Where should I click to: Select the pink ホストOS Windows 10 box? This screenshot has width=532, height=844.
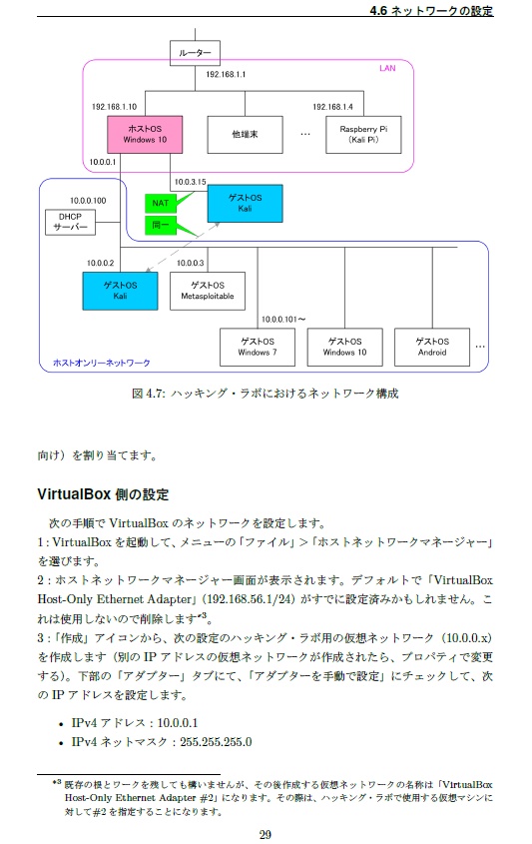click(145, 134)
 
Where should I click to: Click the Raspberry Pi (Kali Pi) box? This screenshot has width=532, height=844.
click(362, 134)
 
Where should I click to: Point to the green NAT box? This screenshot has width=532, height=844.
click(160, 204)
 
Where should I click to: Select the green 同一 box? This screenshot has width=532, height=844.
click(160, 228)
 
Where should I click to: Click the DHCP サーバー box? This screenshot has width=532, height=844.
click(71, 222)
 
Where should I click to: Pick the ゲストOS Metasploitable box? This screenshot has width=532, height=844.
click(207, 291)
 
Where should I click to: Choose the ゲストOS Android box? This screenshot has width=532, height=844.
click(431, 347)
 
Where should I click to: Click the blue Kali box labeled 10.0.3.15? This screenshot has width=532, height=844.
click(245, 204)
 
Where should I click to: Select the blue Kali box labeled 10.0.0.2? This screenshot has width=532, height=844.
click(120, 291)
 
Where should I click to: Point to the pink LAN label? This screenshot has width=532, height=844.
click(387, 69)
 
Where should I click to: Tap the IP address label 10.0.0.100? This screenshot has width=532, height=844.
click(88, 201)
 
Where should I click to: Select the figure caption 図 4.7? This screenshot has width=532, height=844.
click(266, 394)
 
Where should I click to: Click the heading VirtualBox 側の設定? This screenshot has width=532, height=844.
click(103, 494)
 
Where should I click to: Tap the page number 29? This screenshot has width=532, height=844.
click(266, 835)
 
